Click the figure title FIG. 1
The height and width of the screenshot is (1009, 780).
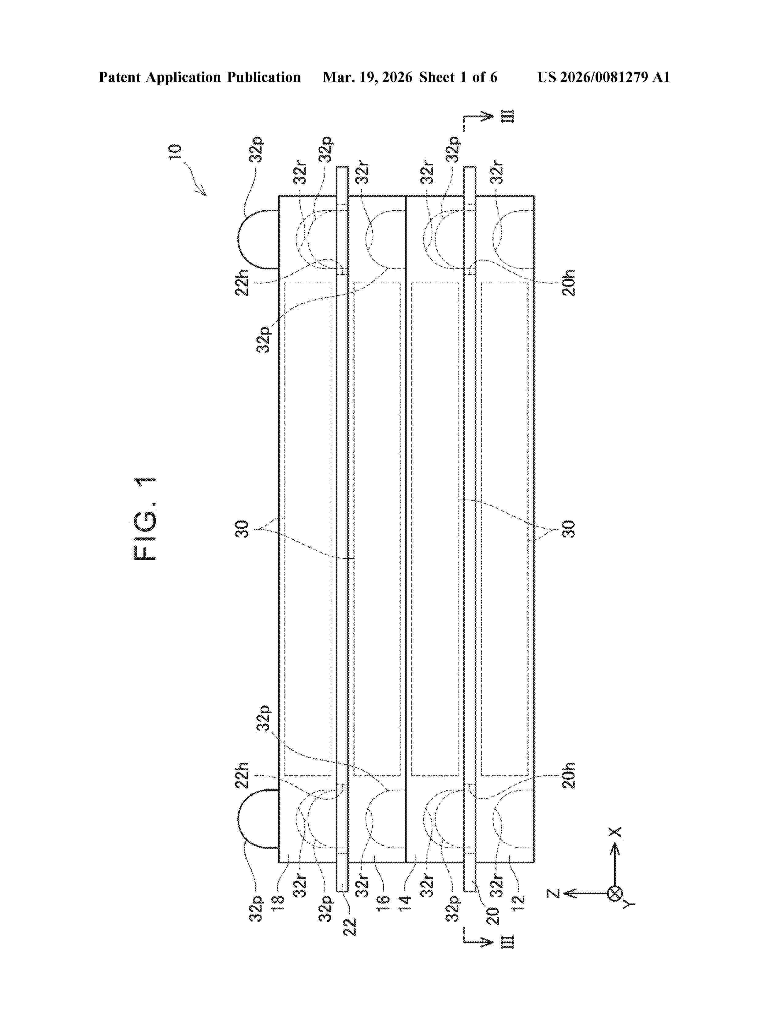[145, 519]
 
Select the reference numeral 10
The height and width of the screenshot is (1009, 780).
[175, 152]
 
